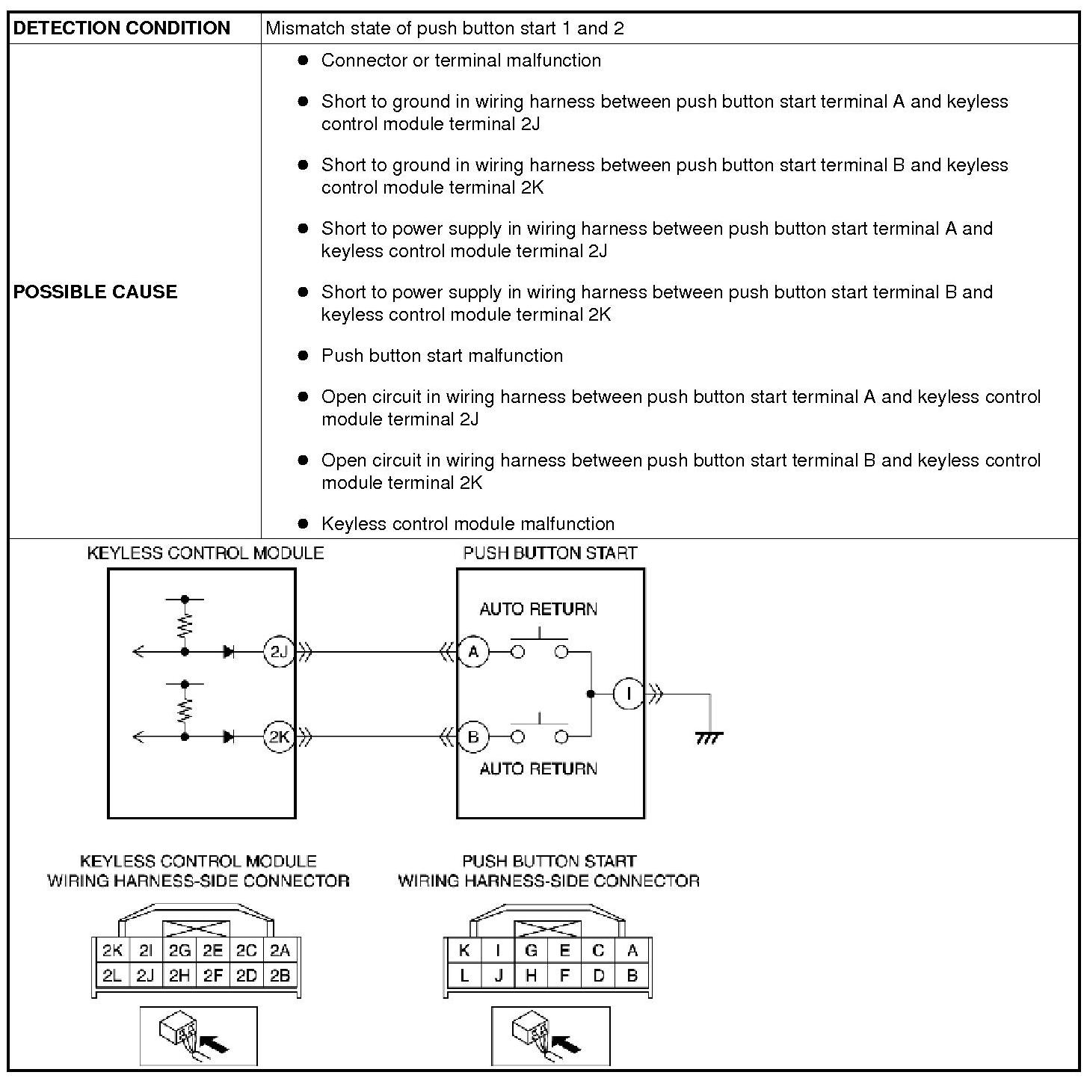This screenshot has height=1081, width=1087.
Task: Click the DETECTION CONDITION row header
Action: (x=122, y=28)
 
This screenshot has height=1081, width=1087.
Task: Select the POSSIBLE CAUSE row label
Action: (x=96, y=292)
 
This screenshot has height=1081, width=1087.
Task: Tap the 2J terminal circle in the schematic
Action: (x=278, y=652)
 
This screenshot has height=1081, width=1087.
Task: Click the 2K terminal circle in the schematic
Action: (x=278, y=737)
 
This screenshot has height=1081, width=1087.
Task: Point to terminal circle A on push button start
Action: (x=472, y=652)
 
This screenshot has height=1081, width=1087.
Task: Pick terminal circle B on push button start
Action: (x=472, y=737)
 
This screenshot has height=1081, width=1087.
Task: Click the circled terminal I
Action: (x=628, y=695)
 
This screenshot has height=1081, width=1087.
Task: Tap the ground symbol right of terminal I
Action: (x=709, y=738)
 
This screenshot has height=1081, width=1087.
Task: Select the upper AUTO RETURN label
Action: (x=538, y=609)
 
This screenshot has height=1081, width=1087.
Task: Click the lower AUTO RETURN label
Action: (x=538, y=769)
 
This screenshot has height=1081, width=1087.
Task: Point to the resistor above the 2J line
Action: (x=185, y=625)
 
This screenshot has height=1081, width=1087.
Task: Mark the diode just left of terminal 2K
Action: (x=229, y=737)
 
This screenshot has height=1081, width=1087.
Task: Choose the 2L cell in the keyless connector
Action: (x=112, y=975)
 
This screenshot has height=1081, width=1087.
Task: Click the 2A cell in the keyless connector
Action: (x=280, y=951)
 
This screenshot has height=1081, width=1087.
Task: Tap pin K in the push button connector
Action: (x=464, y=951)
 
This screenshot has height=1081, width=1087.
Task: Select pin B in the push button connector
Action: (x=632, y=975)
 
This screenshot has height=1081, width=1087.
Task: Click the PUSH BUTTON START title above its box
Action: (x=550, y=553)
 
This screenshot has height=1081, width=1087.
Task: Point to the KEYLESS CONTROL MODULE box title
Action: (x=206, y=553)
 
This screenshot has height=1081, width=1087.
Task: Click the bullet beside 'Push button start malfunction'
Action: (x=303, y=356)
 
